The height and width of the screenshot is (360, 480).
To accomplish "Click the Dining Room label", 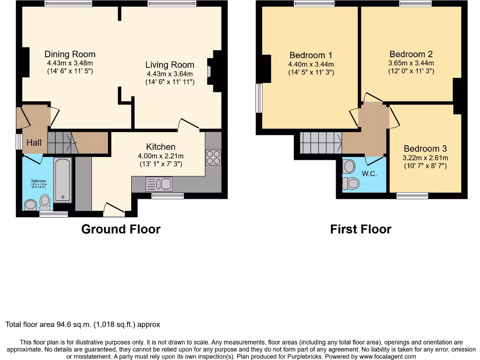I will [x=70, y=54].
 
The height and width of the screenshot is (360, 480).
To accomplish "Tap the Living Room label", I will [x=169, y=65].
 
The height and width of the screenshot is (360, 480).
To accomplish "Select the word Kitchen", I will [x=160, y=147].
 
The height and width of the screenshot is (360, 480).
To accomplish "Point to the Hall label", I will [x=33, y=142].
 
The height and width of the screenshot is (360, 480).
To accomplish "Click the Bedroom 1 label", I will [x=311, y=55].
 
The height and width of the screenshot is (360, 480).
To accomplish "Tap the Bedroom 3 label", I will [x=426, y=149].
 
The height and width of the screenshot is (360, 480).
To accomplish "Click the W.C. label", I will [x=369, y=173].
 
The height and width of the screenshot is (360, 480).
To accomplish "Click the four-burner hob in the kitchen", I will [x=213, y=157].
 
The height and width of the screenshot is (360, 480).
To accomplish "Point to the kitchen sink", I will [x=159, y=183].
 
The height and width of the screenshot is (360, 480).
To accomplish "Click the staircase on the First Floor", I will [x=320, y=142].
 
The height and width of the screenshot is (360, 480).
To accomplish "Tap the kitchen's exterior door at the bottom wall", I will [x=114, y=210].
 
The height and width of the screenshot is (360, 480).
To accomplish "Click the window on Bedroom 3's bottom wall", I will [x=412, y=195].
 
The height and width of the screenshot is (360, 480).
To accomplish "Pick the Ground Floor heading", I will [x=121, y=229].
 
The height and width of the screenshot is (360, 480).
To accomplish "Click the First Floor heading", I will [x=360, y=229].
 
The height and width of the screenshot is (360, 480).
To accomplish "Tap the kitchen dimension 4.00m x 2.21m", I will [x=161, y=156].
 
